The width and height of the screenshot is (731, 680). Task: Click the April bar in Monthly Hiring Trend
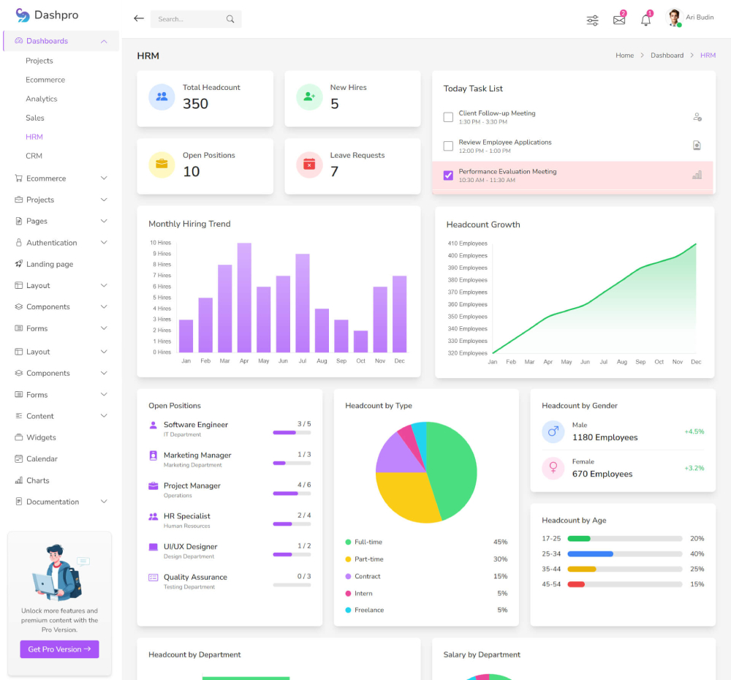(244, 298)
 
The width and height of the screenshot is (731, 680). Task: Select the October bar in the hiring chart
(360, 341)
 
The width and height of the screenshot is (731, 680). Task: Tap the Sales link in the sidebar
(35, 118)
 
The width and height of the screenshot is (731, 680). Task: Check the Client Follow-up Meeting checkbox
(448, 117)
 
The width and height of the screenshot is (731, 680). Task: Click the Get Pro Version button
(59, 649)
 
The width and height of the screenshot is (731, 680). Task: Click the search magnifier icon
(230, 19)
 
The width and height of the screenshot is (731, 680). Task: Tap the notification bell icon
(645, 20)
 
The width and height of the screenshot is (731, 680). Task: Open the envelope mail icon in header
(619, 20)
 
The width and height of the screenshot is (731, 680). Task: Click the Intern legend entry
(363, 593)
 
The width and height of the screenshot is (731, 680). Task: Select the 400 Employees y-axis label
(468, 255)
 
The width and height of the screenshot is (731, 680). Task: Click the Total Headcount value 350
(195, 104)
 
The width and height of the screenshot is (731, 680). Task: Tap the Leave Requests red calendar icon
(309, 165)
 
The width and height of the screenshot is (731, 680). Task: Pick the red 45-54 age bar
(576, 584)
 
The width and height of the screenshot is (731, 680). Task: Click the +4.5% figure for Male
(694, 431)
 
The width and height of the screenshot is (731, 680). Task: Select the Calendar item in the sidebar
(42, 459)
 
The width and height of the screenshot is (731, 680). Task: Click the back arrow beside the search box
(139, 19)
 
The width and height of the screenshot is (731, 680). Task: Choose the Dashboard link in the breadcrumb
(667, 56)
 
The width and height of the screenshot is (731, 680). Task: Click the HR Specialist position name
(186, 516)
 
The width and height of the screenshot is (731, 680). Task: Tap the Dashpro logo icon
(23, 15)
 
